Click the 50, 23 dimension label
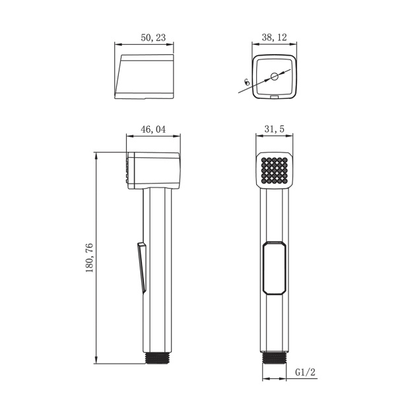click(153, 38)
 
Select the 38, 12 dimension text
click(274, 38)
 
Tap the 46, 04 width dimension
click(153, 129)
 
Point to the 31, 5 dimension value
click(274, 129)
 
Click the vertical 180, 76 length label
click(89, 258)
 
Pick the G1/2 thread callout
click(305, 372)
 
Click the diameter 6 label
click(247, 82)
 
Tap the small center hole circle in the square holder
click(274, 77)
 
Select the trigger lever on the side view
click(142, 267)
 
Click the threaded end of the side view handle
click(158, 358)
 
